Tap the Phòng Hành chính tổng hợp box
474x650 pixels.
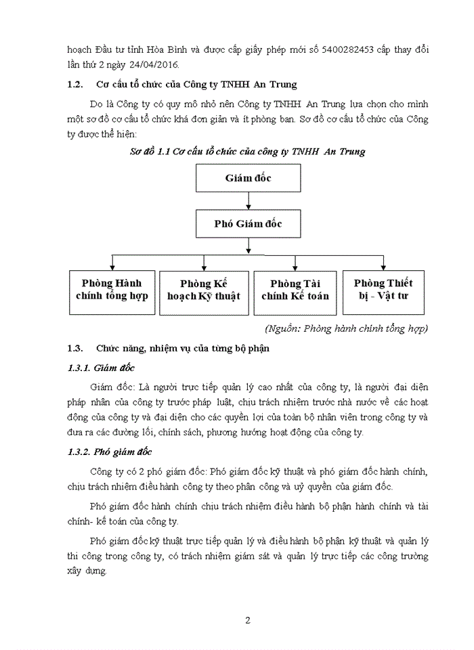pyautogui.click(x=112, y=290)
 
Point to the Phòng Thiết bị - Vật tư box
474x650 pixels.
pyautogui.click(x=383, y=290)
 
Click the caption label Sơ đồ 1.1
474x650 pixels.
pyautogui.click(x=152, y=152)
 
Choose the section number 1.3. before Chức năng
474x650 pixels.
pyautogui.click(x=75, y=349)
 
